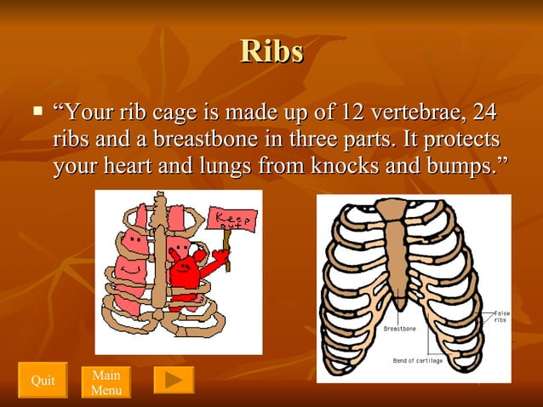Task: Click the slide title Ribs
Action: (x=271, y=52)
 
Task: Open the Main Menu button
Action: (x=106, y=382)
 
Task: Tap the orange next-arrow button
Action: (x=174, y=380)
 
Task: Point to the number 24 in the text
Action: (x=483, y=112)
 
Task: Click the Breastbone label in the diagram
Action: (x=399, y=328)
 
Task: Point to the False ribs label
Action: (x=501, y=317)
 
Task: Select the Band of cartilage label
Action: (x=417, y=361)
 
